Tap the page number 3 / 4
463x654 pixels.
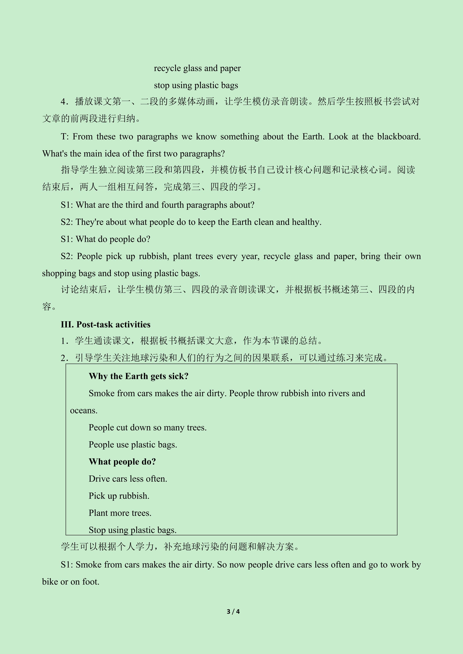coord(233,611)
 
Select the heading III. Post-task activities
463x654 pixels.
coord(105,324)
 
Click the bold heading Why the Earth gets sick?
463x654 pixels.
coord(139,376)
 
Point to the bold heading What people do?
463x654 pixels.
coord(122,462)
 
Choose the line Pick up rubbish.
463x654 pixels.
coord(119,496)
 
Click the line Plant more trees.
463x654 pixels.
coord(120,513)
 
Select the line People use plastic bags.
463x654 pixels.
coord(133,445)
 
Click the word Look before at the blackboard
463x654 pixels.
coord(338,137)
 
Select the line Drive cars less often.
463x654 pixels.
coord(128,479)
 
